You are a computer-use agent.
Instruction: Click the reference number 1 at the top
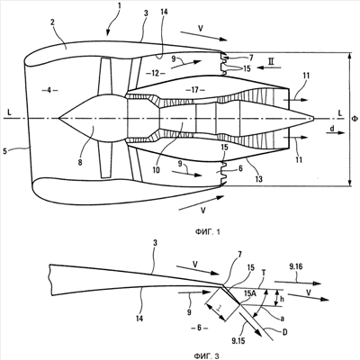click(120, 6)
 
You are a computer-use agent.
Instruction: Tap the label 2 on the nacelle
click(52, 22)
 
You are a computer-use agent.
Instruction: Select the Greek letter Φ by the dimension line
click(355, 119)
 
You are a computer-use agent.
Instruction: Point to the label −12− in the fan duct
click(155, 73)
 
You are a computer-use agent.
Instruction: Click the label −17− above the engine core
click(195, 90)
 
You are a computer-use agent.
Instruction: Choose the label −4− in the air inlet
click(49, 90)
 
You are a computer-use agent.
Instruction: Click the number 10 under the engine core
click(156, 170)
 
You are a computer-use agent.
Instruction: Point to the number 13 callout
click(258, 179)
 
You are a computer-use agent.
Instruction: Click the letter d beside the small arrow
click(332, 129)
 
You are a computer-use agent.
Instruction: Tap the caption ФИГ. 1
click(207, 232)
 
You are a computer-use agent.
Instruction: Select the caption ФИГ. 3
click(206, 355)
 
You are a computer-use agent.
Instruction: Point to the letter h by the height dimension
click(281, 299)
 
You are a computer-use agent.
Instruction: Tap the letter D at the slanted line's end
click(285, 332)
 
